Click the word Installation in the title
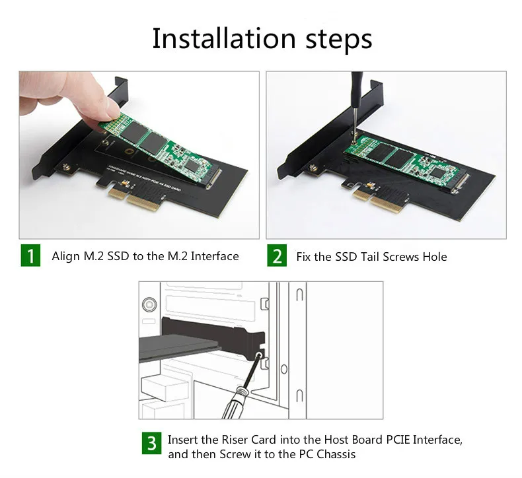pos(224,38)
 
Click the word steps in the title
pos(339,40)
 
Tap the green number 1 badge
pos(30,256)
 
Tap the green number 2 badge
pos(277,256)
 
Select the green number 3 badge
pos(152,443)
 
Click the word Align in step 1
pos(65,256)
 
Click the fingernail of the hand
pos(112,109)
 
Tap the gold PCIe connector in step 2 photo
pos(379,199)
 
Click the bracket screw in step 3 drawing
pos(258,357)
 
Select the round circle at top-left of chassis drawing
pos(149,304)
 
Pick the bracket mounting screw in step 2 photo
pos(313,168)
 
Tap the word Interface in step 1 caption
pos(215,256)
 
